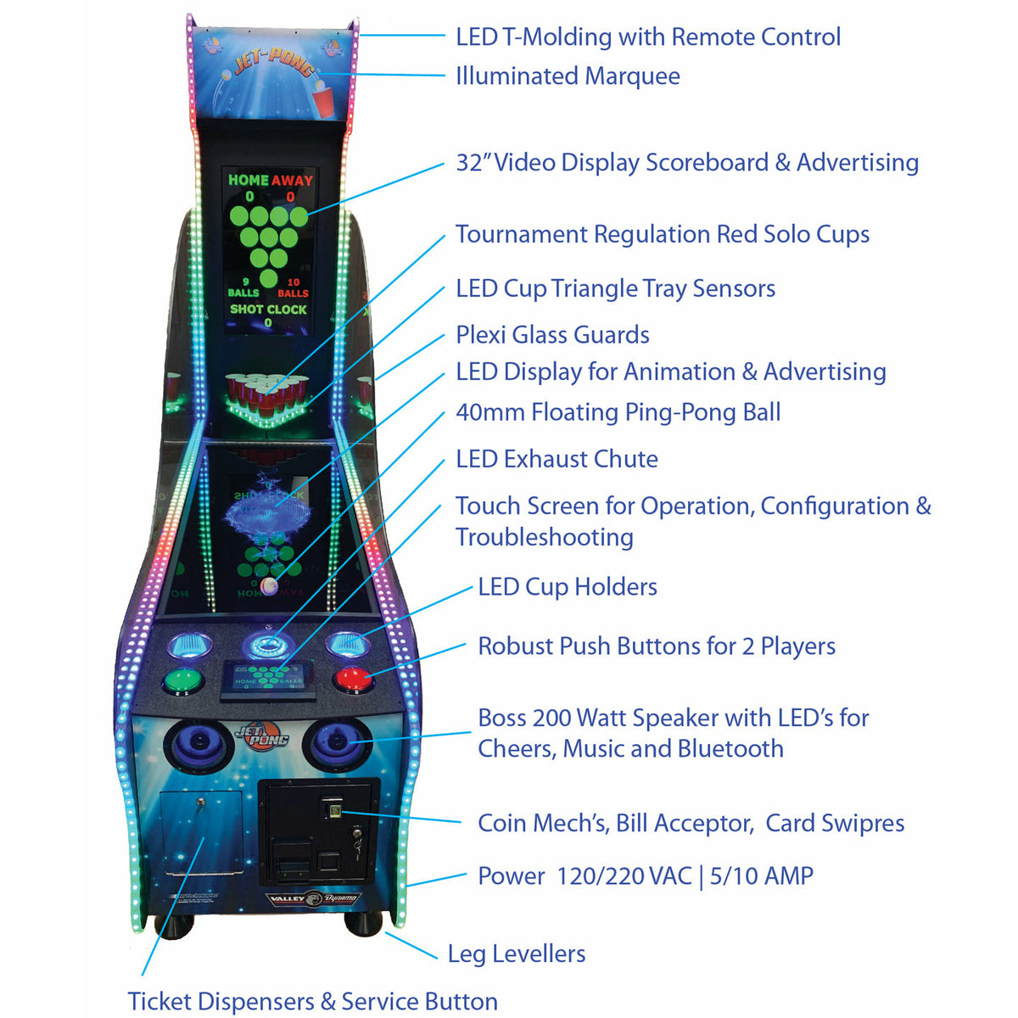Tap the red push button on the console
353,680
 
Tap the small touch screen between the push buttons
268,679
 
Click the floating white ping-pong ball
270,585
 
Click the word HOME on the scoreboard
248,180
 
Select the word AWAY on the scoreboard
292,180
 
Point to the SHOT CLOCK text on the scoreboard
268,310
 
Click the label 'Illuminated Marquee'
568,76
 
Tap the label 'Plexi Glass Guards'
552,335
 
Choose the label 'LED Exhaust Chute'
557,459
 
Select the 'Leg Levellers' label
516,954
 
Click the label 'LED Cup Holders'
567,587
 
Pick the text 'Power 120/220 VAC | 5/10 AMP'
645,875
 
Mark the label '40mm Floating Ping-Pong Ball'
618,412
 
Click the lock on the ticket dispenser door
200,802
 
